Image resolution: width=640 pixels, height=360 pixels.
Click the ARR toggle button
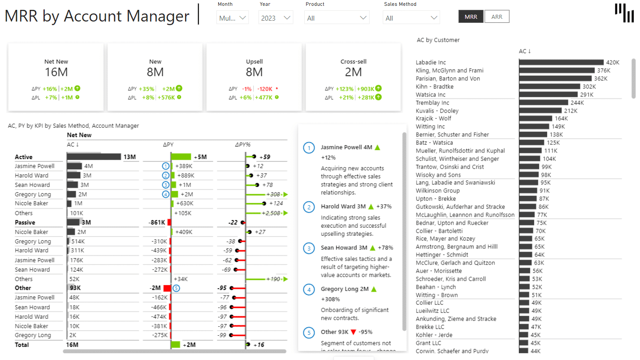click(x=497, y=17)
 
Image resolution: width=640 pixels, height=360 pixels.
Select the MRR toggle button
click(x=471, y=17)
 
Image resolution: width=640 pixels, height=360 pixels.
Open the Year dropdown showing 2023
click(x=275, y=18)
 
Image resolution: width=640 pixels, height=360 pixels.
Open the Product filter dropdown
click(x=337, y=18)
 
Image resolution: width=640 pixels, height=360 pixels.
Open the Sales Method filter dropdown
click(x=411, y=18)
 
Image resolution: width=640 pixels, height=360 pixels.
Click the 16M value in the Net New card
click(x=56, y=72)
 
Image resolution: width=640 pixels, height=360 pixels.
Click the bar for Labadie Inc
click(x=561, y=62)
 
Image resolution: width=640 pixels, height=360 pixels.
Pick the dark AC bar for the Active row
click(x=94, y=157)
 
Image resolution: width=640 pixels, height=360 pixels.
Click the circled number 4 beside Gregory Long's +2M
click(x=166, y=194)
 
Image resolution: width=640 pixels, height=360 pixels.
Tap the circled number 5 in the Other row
click(x=176, y=288)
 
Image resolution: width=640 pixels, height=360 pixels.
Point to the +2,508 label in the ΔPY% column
click(x=271, y=213)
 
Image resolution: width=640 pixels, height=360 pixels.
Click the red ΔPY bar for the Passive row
click(x=169, y=222)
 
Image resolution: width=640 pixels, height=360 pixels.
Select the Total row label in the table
click(x=22, y=345)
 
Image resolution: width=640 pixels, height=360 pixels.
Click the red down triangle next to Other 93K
click(x=354, y=332)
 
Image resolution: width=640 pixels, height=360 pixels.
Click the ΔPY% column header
click(x=242, y=144)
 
